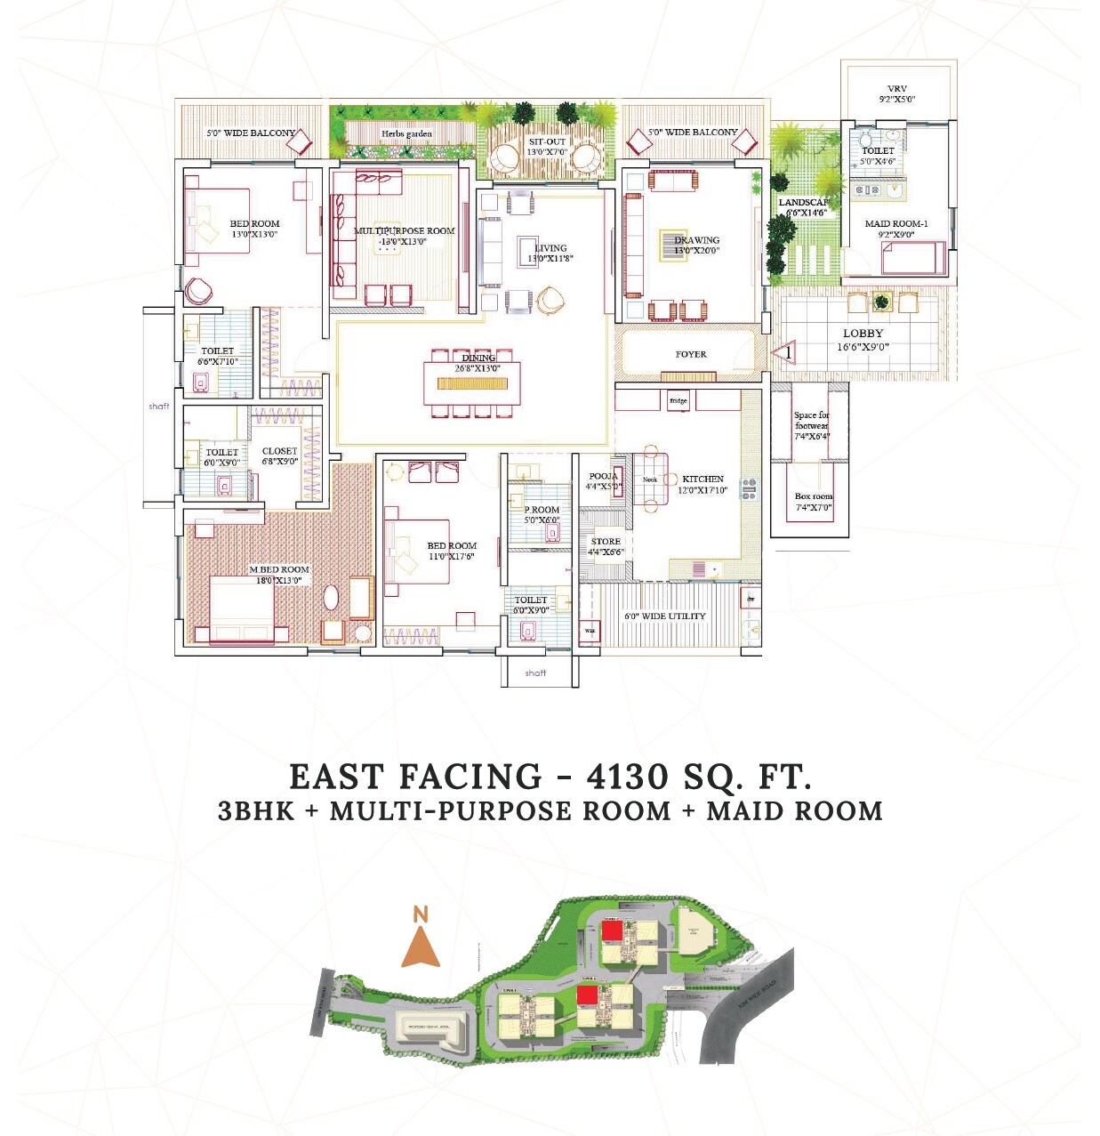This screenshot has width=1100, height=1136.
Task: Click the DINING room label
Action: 478,358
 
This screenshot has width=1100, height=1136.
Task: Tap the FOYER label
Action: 691,354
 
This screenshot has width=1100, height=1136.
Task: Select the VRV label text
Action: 896,89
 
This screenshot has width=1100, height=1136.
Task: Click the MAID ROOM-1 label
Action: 895,223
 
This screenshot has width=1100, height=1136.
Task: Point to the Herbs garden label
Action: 406,133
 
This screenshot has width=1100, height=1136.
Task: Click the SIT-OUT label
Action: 546,141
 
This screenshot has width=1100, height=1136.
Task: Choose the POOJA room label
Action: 603,476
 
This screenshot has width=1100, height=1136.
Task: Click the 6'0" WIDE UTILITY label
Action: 664,616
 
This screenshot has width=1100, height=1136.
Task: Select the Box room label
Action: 813,496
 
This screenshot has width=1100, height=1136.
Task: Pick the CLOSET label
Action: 279,451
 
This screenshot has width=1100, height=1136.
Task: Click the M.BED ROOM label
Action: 279,569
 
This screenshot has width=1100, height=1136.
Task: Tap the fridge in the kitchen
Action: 678,400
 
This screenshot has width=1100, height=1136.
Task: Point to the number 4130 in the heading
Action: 627,777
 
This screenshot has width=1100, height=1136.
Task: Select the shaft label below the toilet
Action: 535,673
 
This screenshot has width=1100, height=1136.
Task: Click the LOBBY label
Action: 863,334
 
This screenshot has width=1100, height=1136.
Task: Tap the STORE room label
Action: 606,541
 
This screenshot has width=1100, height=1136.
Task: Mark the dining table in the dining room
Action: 472,383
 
